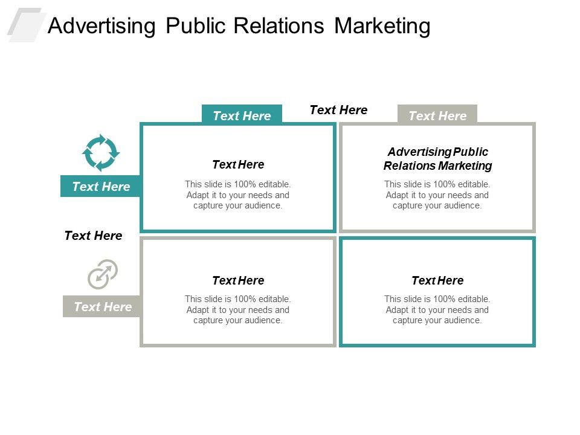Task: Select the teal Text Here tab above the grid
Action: [x=242, y=115]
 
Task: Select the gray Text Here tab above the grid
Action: [x=437, y=115]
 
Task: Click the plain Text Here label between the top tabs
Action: [x=338, y=110]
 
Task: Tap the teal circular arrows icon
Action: [x=101, y=153]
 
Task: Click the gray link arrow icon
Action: [x=102, y=274]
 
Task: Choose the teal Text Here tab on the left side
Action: [x=101, y=187]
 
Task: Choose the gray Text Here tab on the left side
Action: [x=102, y=307]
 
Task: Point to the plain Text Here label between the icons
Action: [x=93, y=236]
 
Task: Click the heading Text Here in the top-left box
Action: [x=238, y=164]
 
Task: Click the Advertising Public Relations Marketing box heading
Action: [x=437, y=159]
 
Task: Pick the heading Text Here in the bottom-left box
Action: [x=238, y=280]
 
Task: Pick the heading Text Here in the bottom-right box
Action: [x=437, y=280]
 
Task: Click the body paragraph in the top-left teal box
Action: [x=238, y=195]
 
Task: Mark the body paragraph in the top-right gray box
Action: [x=437, y=195]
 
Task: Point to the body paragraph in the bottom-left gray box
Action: [x=238, y=309]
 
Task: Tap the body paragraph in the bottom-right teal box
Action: [x=437, y=309]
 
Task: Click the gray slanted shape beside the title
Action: [x=25, y=25]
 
